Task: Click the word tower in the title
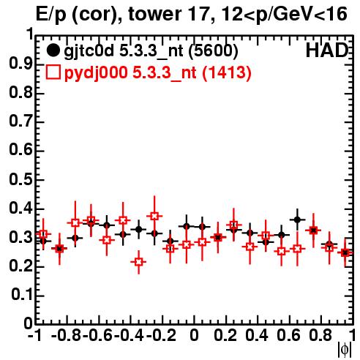154,14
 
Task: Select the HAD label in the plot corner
326,50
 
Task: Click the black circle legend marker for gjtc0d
53,50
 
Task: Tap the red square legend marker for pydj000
53,72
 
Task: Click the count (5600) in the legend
213,51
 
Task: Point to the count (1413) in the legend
227,72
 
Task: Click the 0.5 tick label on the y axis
20,179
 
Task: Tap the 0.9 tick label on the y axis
20,64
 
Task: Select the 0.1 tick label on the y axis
22,295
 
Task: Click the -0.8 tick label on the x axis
67,335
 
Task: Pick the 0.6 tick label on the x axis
288,335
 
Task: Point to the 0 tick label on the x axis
194,335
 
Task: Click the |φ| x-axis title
344,350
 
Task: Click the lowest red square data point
139,262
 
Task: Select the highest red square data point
154,216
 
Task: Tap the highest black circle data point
297,220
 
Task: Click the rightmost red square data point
345,253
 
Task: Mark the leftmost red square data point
43,234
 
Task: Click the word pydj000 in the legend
96,72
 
